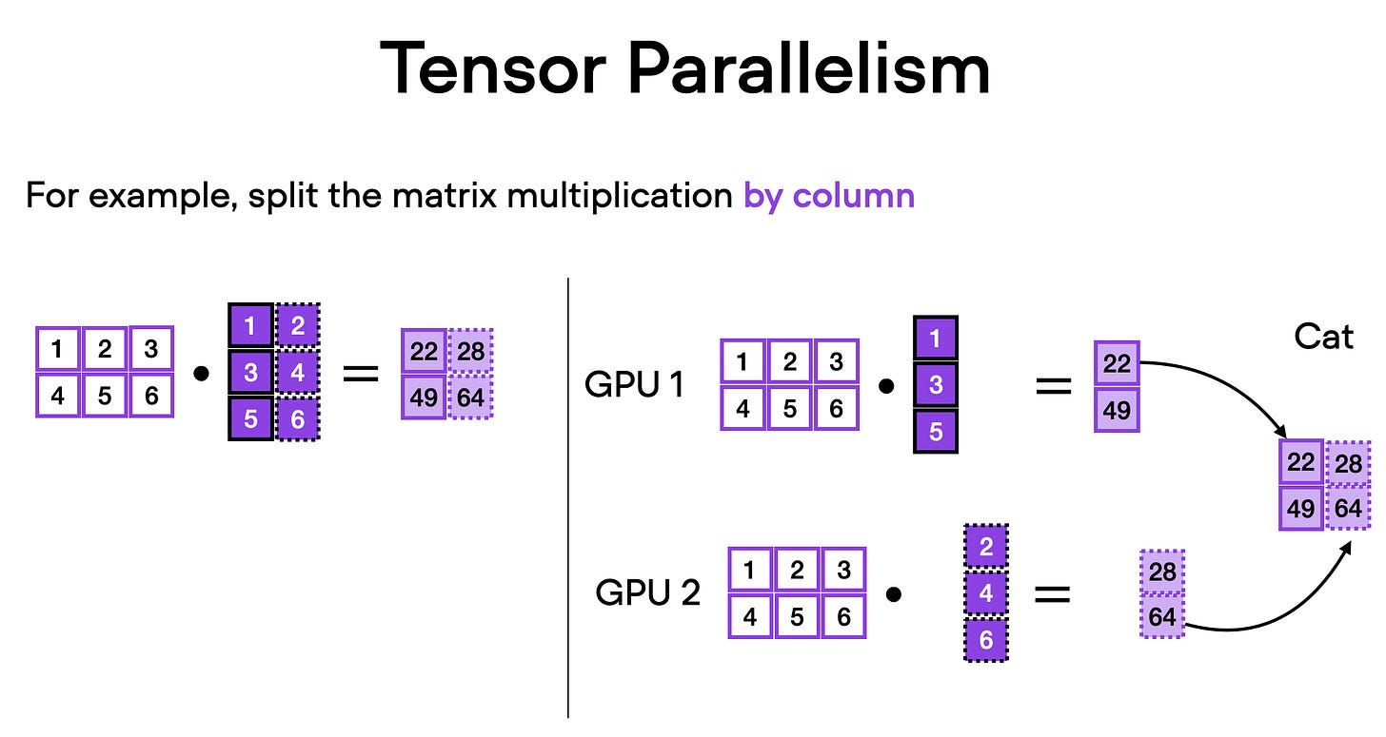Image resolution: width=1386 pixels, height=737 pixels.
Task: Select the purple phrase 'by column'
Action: (828, 196)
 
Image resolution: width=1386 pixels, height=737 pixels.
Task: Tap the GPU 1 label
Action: (634, 385)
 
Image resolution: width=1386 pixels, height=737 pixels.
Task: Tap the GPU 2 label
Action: (647, 592)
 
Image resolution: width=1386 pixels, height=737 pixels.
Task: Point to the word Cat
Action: (1323, 337)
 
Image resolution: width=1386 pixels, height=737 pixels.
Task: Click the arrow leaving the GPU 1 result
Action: (1228, 380)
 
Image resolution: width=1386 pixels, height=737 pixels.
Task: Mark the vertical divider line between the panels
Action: (568, 495)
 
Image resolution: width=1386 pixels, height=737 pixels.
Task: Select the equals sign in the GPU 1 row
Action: (1052, 385)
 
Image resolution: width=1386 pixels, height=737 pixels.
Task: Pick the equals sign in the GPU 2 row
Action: (1052, 594)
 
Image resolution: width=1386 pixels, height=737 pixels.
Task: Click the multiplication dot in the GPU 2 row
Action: (893, 594)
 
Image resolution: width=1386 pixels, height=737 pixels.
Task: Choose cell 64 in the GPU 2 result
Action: (1161, 617)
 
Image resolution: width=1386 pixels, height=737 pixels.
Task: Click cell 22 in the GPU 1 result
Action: (1117, 362)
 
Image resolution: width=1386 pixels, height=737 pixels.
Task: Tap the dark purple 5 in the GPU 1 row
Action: (935, 431)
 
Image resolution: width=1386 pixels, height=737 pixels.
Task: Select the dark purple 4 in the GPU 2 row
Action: (985, 593)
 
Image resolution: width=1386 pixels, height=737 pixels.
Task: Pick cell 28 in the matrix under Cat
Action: (1347, 463)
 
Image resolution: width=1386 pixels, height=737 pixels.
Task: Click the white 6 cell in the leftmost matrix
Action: (150, 395)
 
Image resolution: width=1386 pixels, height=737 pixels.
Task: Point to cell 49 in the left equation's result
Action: (424, 397)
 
